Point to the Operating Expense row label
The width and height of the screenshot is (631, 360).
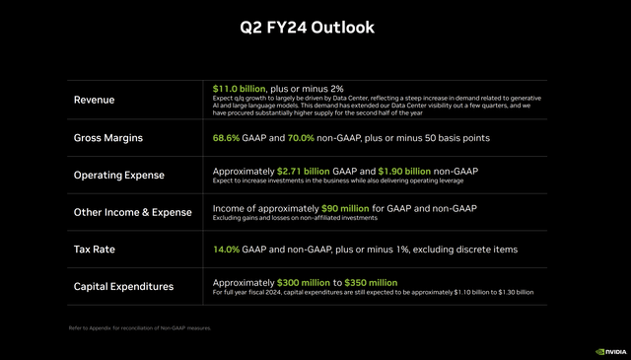click(x=119, y=175)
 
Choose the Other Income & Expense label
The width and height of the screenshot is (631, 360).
click(x=132, y=212)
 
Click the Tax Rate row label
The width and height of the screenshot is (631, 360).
click(x=96, y=250)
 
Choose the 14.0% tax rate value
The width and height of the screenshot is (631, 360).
click(x=228, y=250)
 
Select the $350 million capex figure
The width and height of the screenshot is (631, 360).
click(x=371, y=282)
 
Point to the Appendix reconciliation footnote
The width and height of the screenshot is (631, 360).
click(x=139, y=328)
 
